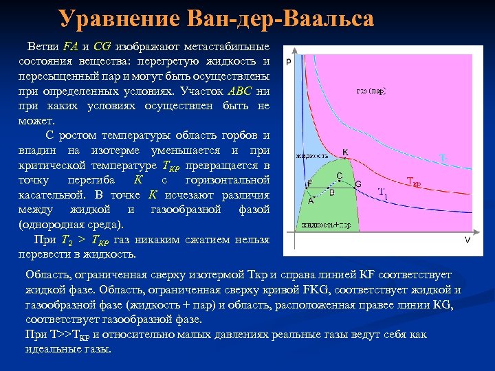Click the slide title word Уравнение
pyautogui.click(x=111, y=19)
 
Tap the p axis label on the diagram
pyautogui.click(x=289, y=61)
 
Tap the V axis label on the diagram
pyautogui.click(x=467, y=239)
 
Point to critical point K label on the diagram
pyautogui.click(x=345, y=151)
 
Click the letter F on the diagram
pyautogui.click(x=309, y=183)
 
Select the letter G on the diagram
pyautogui.click(x=357, y=184)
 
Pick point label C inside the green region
pyautogui.click(x=339, y=176)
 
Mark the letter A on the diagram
pyautogui.click(x=310, y=201)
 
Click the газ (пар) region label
pyautogui.click(x=371, y=91)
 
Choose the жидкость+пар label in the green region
pyautogui.click(x=320, y=225)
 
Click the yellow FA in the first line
pyautogui.click(x=69, y=47)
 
